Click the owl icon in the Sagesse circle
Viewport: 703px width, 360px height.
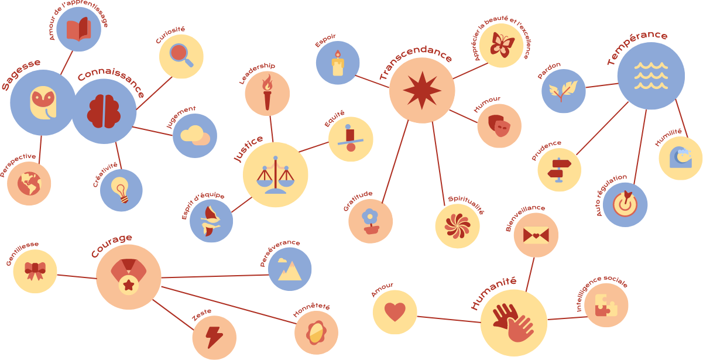point(43,103)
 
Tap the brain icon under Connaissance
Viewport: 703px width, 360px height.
point(104,111)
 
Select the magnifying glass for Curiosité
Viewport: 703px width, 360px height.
point(181,55)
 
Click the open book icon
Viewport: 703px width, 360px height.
point(79,29)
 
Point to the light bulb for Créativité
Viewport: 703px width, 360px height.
point(120,190)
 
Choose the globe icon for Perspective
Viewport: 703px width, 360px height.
point(29,183)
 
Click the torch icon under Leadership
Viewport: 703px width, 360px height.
point(267,92)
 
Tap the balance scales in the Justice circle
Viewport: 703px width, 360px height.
point(275,175)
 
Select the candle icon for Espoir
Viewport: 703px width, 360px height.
point(338,63)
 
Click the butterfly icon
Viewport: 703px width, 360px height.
point(502,44)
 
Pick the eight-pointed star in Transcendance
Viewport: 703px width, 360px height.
point(422,90)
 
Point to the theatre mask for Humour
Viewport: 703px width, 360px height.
point(499,125)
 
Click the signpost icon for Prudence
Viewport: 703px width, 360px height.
point(559,170)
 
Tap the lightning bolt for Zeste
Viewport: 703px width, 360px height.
point(214,337)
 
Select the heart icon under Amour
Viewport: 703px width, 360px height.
point(395,312)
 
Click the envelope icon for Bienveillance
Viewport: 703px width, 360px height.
point(536,235)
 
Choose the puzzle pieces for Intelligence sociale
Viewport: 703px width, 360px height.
point(606,305)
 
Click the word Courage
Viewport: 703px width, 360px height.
point(111,246)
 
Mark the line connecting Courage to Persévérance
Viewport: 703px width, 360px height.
point(215,276)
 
